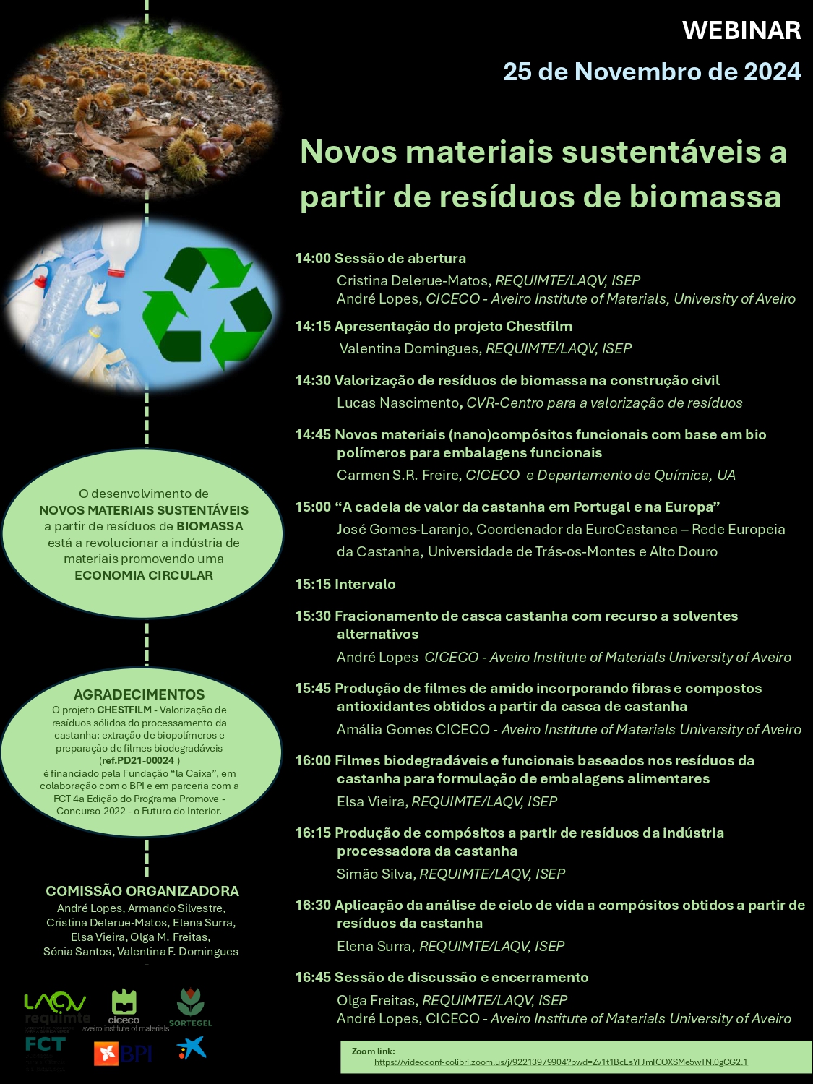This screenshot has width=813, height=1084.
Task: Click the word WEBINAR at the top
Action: pos(741,30)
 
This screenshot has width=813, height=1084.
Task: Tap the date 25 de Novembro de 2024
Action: pos(652,72)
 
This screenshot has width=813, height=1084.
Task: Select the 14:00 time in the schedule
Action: pos(312,258)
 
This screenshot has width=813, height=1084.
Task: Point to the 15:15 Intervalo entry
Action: pos(345,584)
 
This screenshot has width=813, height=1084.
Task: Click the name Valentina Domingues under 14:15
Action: pos(409,348)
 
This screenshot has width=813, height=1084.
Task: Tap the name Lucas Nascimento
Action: pos(397,403)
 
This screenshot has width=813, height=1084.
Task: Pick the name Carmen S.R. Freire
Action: pos(398,475)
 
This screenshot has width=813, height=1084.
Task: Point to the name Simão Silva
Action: pos(375,874)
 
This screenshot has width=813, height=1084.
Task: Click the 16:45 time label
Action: pos(312,977)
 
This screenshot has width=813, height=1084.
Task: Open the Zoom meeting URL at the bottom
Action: pos(560,1062)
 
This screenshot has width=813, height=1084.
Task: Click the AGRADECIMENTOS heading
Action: pos(139,694)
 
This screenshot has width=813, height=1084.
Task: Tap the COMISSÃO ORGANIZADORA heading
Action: pos(142,891)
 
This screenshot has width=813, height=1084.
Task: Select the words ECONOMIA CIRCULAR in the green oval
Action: pos(144,575)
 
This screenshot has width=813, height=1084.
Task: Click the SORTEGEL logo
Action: pos(191,1007)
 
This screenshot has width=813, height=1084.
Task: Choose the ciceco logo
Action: pos(124,1007)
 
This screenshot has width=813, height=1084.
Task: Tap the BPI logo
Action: pos(123,1054)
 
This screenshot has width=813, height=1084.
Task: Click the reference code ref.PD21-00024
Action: pos(138,760)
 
